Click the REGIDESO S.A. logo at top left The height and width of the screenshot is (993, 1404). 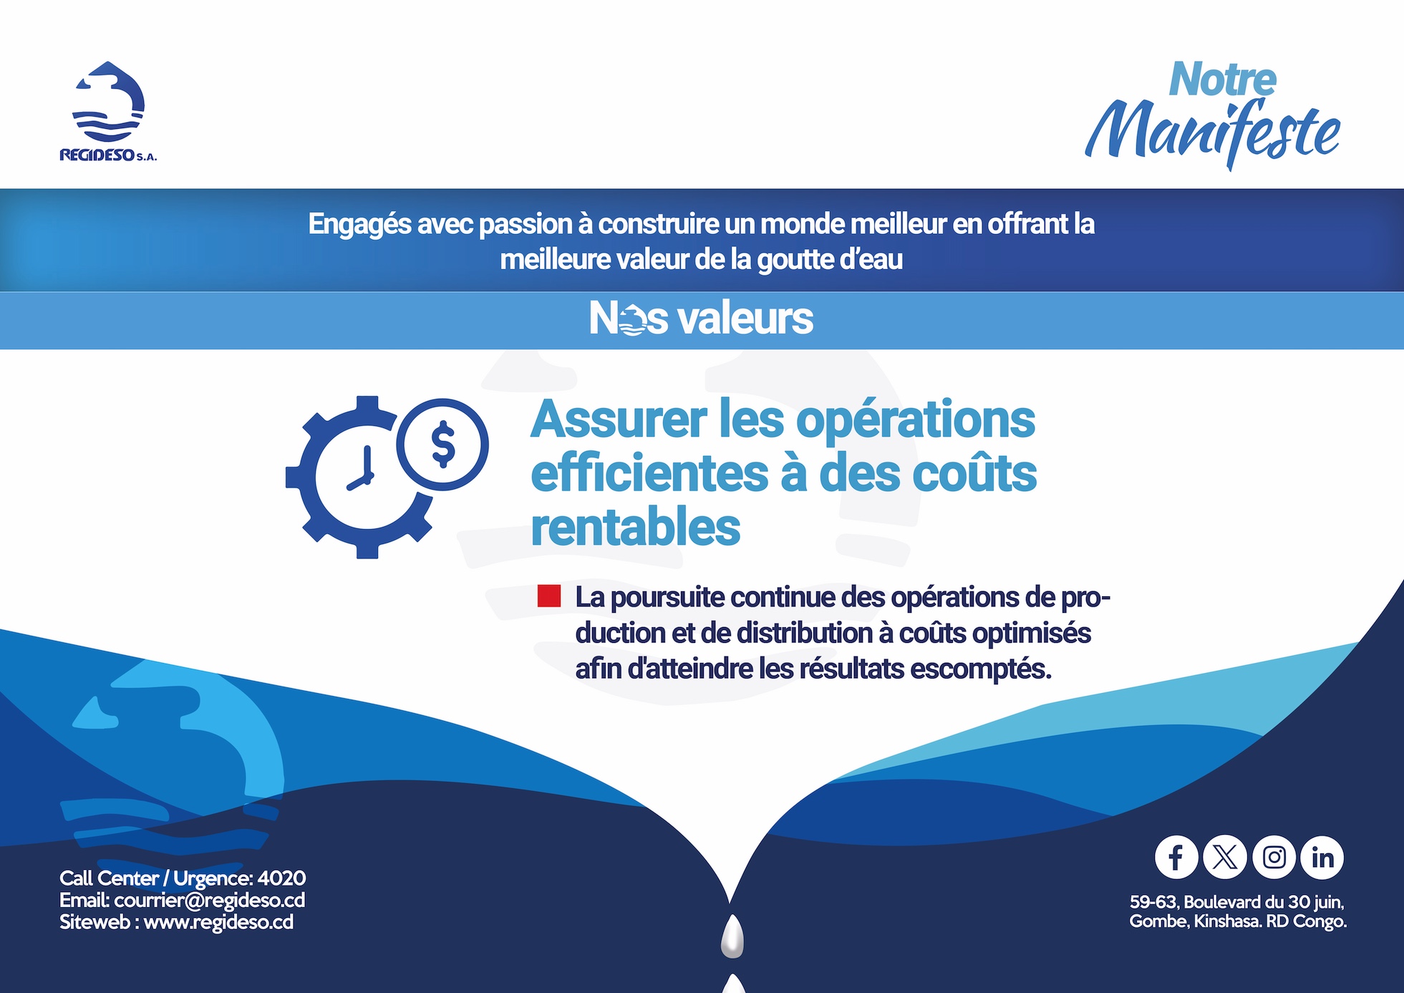(x=108, y=112)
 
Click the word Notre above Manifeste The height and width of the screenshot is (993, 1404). (x=1222, y=79)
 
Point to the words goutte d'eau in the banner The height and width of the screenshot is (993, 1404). (x=830, y=260)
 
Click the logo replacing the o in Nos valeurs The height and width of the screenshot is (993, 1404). (x=631, y=319)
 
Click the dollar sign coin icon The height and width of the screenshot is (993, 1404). (x=442, y=444)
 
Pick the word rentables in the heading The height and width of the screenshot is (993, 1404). (x=635, y=527)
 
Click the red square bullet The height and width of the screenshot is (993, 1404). (x=549, y=596)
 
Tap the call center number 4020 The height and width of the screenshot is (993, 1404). (x=281, y=878)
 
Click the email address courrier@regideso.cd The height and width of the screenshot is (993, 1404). (x=210, y=900)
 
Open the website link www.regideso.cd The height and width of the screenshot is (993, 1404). (x=218, y=922)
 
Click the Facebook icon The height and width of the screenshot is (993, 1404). (x=1176, y=857)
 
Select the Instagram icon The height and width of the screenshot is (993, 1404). (x=1274, y=857)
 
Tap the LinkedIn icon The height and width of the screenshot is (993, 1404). (x=1322, y=857)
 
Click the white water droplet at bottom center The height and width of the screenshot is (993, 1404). (x=732, y=936)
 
